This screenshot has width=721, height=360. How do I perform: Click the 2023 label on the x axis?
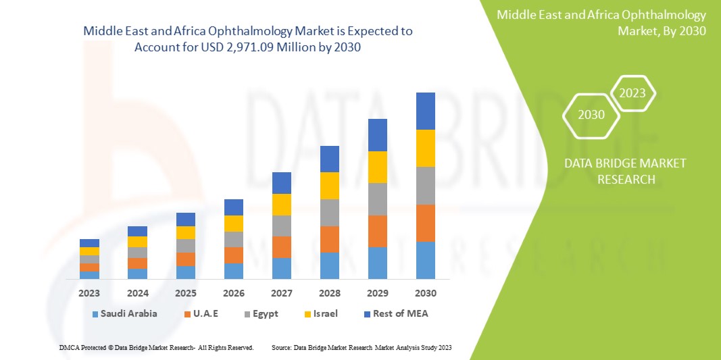(x=89, y=293)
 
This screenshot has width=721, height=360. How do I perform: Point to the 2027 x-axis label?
(x=281, y=293)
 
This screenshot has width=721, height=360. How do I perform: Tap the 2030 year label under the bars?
(x=426, y=293)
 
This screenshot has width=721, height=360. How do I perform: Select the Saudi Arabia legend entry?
(x=129, y=313)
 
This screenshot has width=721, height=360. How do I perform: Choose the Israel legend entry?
(x=325, y=313)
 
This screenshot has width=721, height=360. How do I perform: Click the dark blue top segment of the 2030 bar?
(x=426, y=111)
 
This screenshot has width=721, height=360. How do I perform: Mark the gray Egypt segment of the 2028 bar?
(x=329, y=212)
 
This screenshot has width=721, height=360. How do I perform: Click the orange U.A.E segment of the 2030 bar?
(x=426, y=223)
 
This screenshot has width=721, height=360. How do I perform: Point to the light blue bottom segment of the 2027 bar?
(x=281, y=268)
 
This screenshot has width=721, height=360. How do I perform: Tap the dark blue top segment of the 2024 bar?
(x=137, y=231)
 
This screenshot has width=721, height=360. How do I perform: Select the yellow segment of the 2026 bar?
(x=233, y=224)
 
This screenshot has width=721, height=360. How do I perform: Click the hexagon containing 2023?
(x=632, y=93)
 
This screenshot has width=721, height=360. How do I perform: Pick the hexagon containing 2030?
(x=591, y=115)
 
